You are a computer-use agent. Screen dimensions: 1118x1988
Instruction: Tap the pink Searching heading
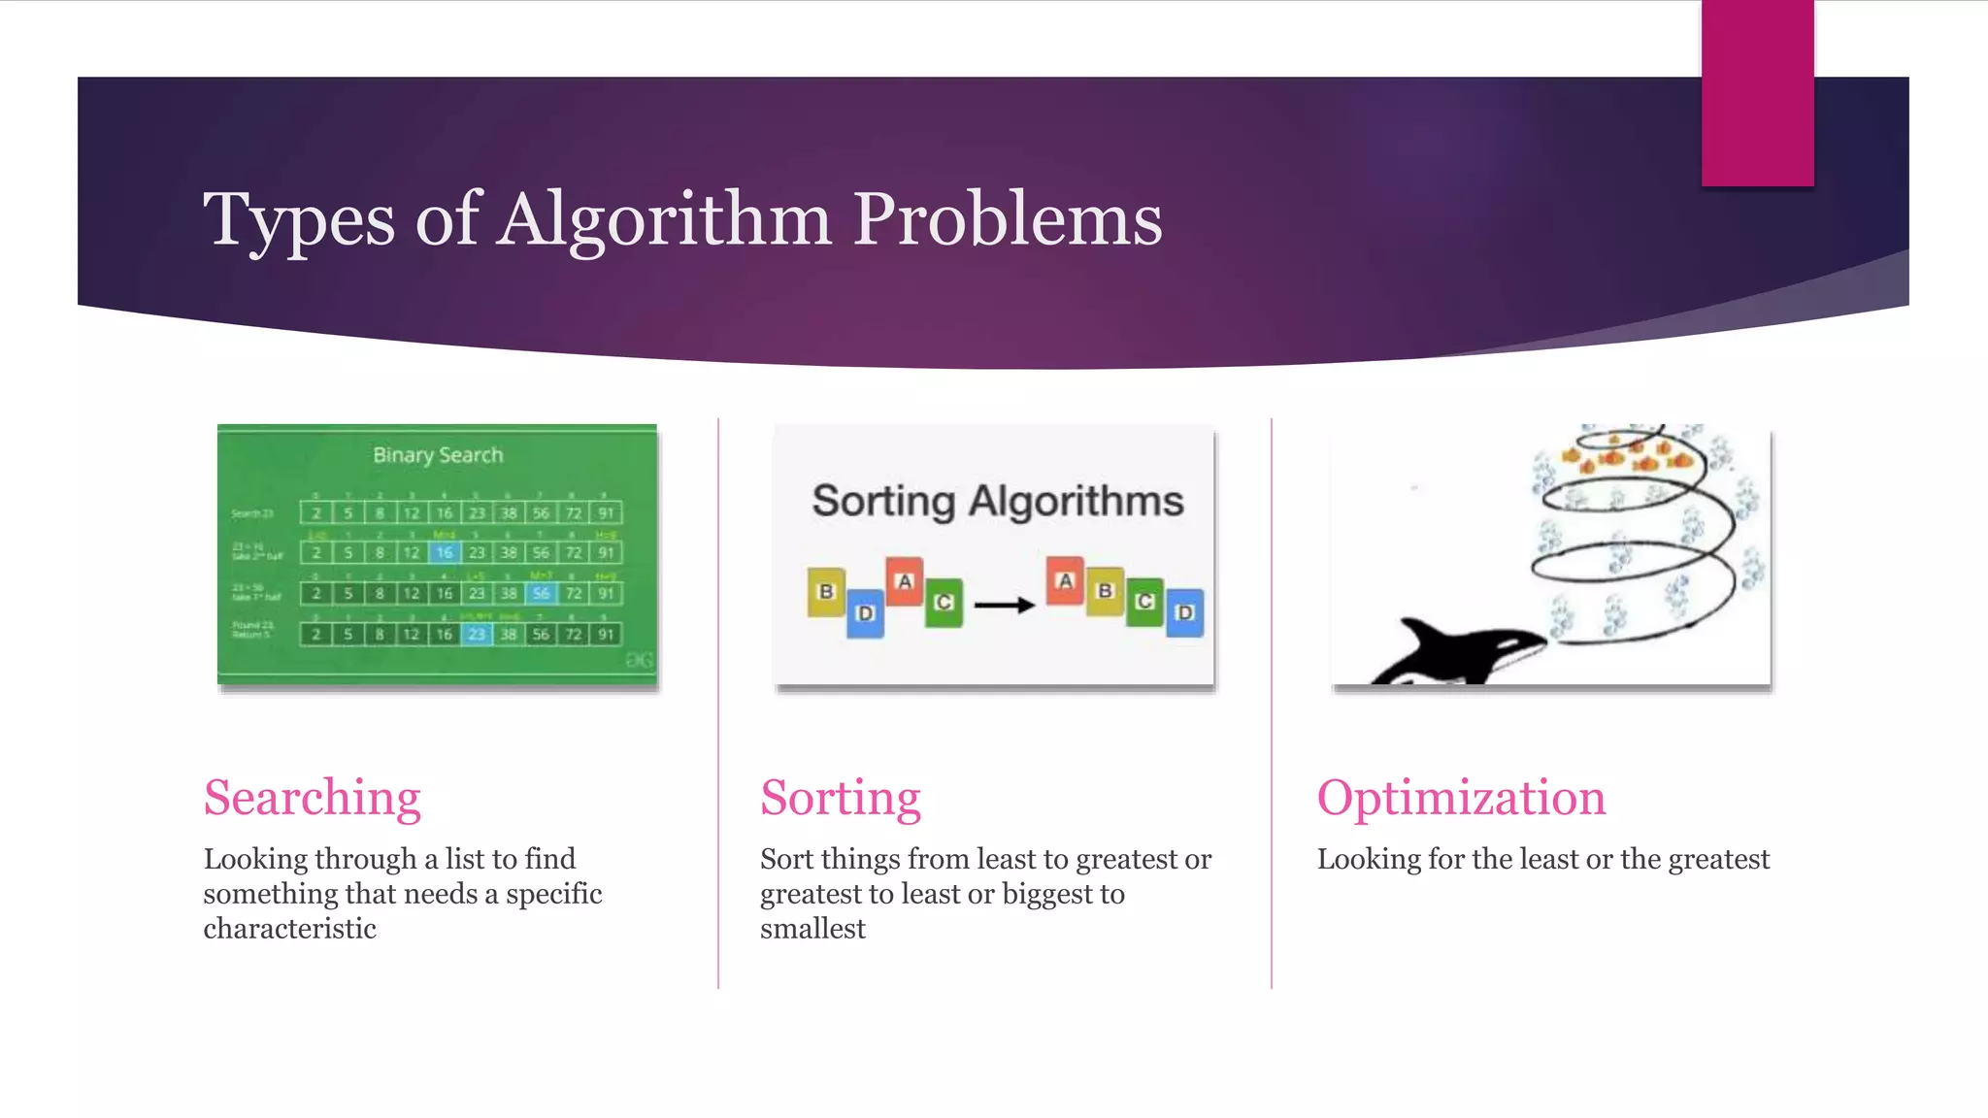click(x=312, y=798)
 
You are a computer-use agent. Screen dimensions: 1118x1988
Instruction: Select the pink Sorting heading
click(x=840, y=798)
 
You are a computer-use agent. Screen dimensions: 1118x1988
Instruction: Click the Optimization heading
click(x=1460, y=798)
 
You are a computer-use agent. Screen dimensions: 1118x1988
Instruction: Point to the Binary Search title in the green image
click(x=438, y=455)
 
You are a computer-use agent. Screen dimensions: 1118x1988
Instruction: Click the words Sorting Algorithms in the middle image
click(x=997, y=502)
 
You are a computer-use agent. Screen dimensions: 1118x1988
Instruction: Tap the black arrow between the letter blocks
click(x=1004, y=606)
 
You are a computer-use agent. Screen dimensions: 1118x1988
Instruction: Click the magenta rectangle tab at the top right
click(x=1757, y=92)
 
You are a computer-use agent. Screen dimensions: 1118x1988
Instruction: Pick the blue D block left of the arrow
click(x=865, y=613)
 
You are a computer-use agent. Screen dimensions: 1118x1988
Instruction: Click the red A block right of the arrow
click(x=1065, y=580)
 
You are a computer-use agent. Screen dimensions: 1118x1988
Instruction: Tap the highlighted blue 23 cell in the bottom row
click(x=477, y=635)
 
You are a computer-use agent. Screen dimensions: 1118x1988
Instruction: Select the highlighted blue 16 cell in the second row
click(x=444, y=552)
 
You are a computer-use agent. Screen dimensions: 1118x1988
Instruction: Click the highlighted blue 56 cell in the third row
click(x=541, y=593)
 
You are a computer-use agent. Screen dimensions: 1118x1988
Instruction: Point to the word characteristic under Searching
click(x=289, y=929)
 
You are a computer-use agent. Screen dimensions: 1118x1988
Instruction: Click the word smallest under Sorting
click(x=812, y=929)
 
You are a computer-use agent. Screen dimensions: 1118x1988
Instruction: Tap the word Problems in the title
click(x=1007, y=219)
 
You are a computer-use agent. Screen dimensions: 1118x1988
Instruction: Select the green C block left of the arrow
click(x=943, y=603)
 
